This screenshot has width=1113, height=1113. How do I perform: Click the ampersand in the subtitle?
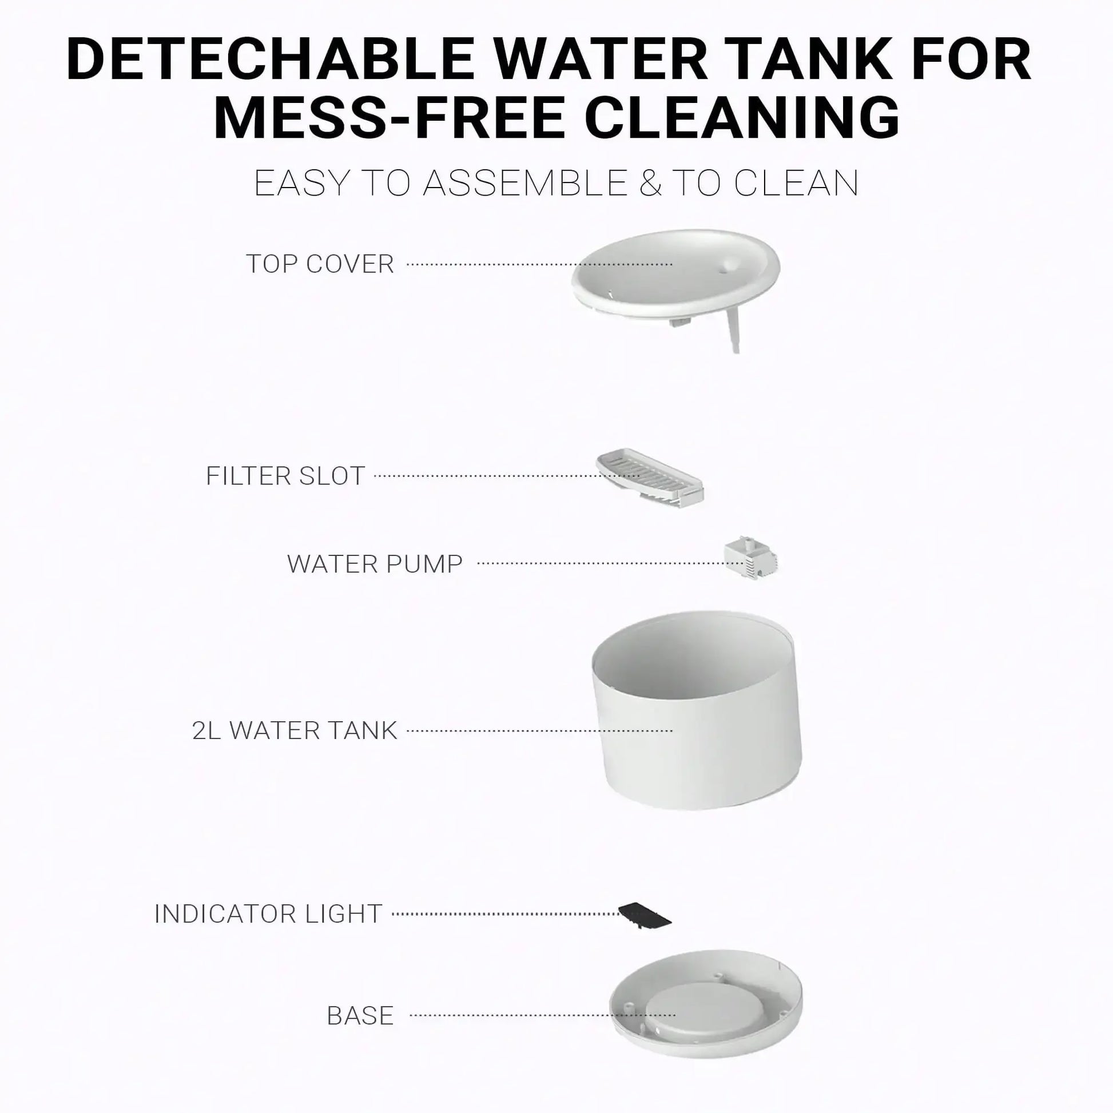(650, 183)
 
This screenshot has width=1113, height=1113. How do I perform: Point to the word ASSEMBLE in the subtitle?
(525, 183)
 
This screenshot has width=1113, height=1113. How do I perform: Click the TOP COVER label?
(320, 264)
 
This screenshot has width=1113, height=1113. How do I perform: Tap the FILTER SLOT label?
(285, 476)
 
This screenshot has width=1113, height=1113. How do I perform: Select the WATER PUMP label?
(375, 563)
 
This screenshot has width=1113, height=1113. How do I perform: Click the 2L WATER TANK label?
(295, 730)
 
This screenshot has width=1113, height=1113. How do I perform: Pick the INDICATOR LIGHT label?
(268, 913)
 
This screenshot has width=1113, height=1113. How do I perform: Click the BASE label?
(360, 1016)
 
